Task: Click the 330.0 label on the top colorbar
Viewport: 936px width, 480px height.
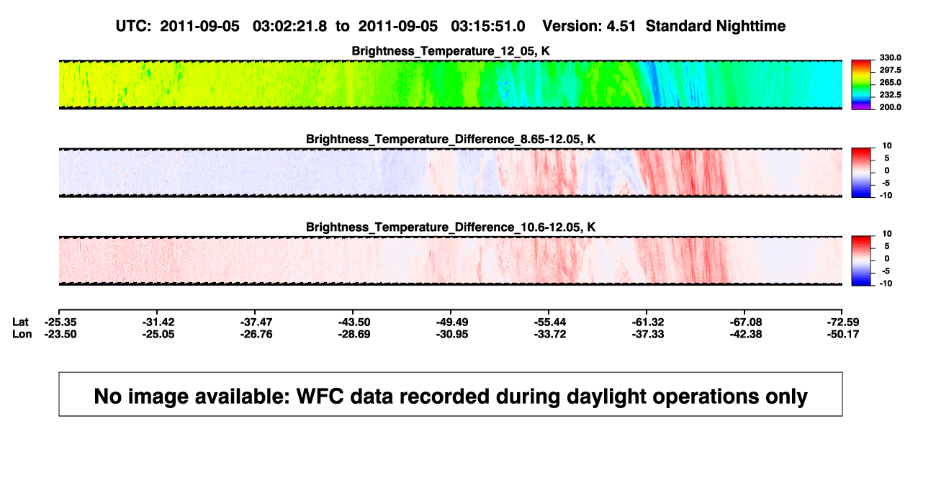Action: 890,58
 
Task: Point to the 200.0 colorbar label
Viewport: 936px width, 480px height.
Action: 890,107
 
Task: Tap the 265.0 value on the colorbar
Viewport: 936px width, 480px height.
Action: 890,82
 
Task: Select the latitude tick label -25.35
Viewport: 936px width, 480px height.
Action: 60,322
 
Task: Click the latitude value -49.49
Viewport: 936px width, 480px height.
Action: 452,322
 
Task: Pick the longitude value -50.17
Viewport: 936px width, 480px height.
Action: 843,334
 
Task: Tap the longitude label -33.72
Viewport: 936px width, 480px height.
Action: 550,334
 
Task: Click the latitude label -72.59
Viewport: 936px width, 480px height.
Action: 843,322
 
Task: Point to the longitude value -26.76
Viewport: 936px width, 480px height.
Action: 256,334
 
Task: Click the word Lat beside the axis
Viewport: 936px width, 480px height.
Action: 20,322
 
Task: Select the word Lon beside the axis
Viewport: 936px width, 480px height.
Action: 22,334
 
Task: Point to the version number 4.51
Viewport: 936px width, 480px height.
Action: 621,27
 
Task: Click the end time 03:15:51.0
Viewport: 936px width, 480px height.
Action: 488,27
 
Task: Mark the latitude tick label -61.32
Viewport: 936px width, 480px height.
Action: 648,322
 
